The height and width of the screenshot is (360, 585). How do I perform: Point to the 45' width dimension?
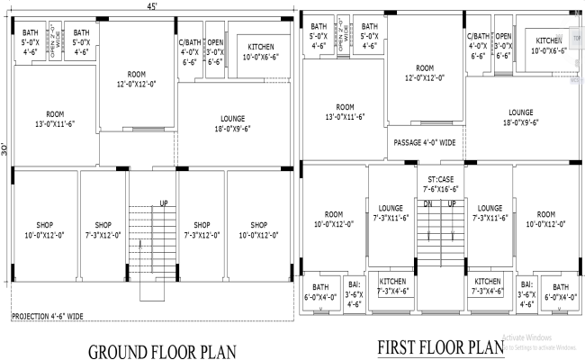coord(152,7)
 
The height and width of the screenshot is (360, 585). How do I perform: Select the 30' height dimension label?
coord(4,148)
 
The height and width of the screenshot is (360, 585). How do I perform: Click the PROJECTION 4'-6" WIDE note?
coord(48,316)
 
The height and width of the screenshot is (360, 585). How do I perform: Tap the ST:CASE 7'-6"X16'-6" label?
coord(441,184)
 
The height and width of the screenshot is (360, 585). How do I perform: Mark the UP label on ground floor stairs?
coord(164,202)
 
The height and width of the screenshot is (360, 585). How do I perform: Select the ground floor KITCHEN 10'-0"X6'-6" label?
coord(260,49)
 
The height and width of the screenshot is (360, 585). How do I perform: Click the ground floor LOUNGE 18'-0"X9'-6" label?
coord(232,122)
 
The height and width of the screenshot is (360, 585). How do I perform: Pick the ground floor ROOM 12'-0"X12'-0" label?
coord(137,79)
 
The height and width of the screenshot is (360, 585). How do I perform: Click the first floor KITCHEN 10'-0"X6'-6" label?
coord(549,46)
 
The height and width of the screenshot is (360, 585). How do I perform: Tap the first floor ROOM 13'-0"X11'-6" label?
coord(345,111)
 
